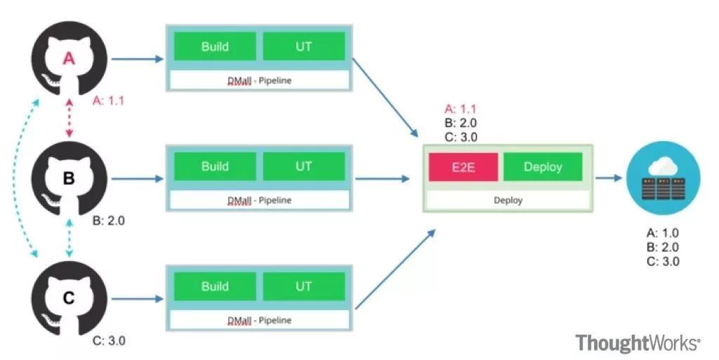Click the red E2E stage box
click(x=463, y=167)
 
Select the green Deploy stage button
click(x=543, y=167)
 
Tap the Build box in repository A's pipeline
click(x=215, y=46)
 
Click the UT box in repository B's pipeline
click(x=303, y=166)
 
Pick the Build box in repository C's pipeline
click(x=215, y=286)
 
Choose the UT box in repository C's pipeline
click(x=303, y=286)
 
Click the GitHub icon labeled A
click(x=70, y=58)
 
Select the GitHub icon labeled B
click(x=70, y=178)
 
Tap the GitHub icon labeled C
click(x=70, y=298)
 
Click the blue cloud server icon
click(x=663, y=178)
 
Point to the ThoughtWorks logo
click(x=638, y=343)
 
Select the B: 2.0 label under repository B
click(x=108, y=221)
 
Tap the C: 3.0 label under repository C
click(x=109, y=341)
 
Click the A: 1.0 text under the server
click(x=663, y=233)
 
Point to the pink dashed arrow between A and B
click(x=70, y=119)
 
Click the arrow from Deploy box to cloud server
click(x=609, y=178)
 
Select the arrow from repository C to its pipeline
click(x=138, y=299)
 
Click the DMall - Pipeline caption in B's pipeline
click(x=260, y=201)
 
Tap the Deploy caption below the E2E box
click(x=508, y=200)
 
